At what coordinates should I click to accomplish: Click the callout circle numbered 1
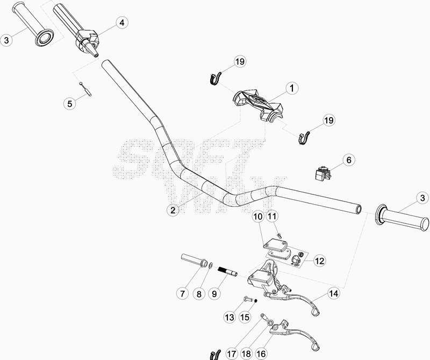(291, 87)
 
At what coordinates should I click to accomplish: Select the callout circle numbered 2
(173, 210)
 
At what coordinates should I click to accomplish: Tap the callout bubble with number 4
(122, 23)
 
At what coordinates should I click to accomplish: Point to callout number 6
(348, 160)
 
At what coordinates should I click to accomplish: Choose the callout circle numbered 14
(334, 293)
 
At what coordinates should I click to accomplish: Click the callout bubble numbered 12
(320, 261)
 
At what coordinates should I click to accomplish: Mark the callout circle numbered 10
(257, 217)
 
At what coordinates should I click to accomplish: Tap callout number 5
(69, 104)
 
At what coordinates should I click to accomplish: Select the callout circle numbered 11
(273, 217)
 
